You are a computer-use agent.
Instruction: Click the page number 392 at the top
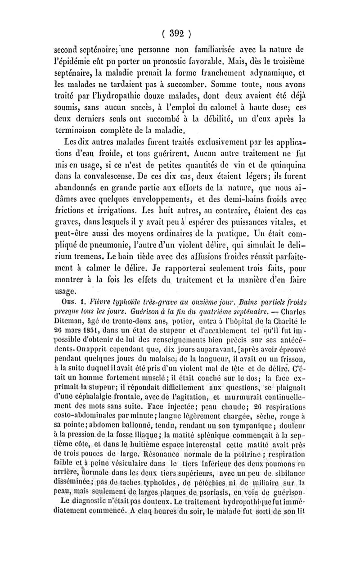click(180, 32)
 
